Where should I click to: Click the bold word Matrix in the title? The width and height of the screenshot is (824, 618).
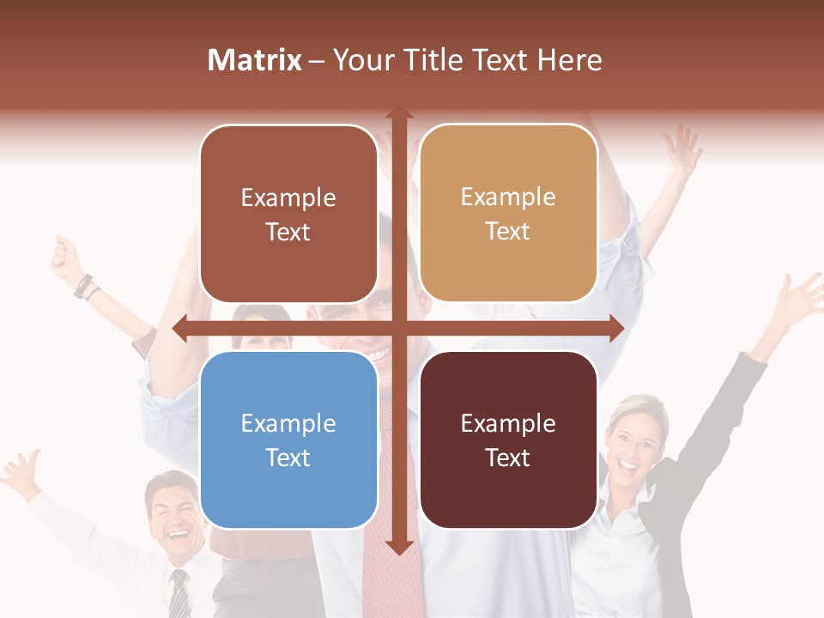coord(255,60)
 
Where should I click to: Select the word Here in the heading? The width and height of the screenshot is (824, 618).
coord(569,60)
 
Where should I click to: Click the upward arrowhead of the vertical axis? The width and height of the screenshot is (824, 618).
coord(398,112)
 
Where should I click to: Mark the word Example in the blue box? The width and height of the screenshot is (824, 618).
coord(288,423)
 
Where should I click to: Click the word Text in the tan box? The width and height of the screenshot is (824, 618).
coord(508,231)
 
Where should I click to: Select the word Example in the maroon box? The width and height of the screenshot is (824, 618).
coord(508,423)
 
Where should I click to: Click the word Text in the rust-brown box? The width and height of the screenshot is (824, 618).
coord(288,232)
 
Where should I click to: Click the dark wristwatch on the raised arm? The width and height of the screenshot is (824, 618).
coord(83,286)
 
